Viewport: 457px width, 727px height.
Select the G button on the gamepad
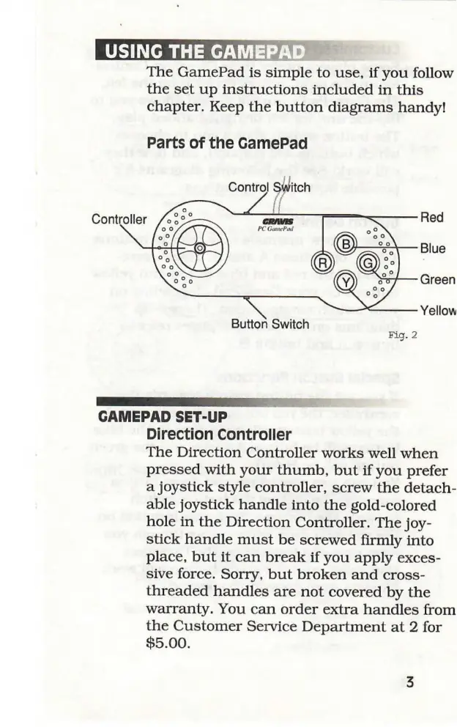pos(368,262)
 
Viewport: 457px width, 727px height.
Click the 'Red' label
pos(433,218)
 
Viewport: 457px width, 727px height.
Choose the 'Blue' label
pos(433,248)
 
